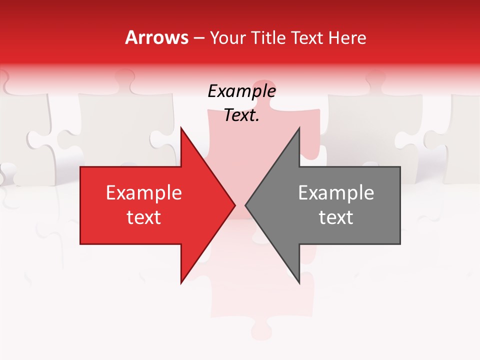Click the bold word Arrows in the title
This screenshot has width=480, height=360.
(x=156, y=37)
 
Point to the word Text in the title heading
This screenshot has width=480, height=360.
(x=308, y=38)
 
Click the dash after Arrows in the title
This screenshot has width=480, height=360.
(x=198, y=38)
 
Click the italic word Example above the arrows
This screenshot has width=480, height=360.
(x=241, y=91)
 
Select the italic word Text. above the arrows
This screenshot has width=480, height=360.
(x=241, y=115)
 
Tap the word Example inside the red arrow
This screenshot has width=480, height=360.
(x=144, y=193)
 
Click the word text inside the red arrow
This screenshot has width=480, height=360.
(x=144, y=217)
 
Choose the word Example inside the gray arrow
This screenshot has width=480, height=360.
(x=336, y=193)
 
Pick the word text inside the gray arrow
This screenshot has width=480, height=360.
(x=336, y=217)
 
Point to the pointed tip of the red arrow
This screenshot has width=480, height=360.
(x=234, y=205)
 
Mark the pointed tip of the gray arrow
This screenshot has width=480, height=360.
(x=246, y=205)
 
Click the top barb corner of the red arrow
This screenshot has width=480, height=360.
(x=181, y=128)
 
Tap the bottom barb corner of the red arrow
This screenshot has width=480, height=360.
(x=181, y=283)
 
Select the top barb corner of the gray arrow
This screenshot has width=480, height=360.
(x=299, y=128)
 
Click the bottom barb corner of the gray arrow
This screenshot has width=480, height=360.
(x=299, y=283)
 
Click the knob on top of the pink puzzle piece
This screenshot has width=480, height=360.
(x=265, y=90)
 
